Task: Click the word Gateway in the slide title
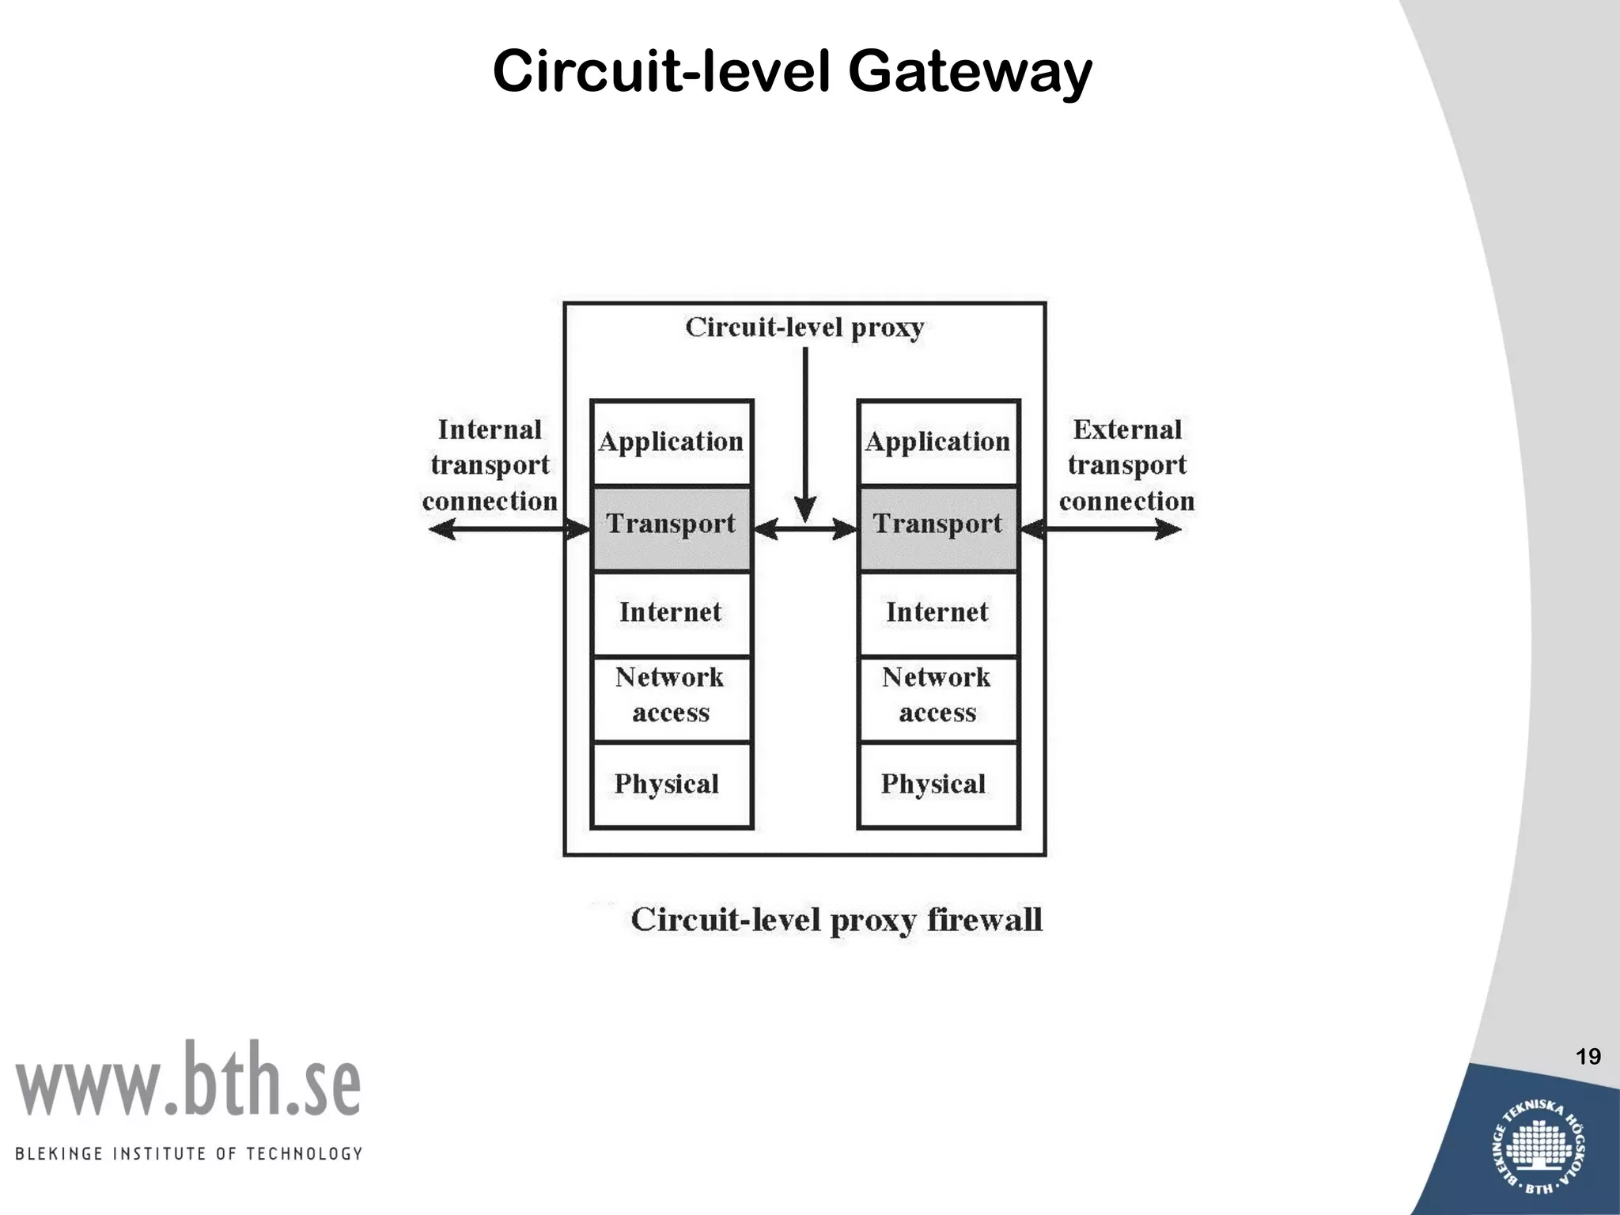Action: click(970, 73)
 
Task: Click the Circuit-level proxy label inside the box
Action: click(804, 327)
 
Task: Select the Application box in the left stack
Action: click(672, 441)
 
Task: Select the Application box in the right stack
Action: click(938, 441)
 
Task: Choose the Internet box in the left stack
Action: click(672, 612)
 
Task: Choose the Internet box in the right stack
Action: click(938, 612)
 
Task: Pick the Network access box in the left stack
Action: click(672, 696)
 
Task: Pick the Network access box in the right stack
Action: click(938, 696)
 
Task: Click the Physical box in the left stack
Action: click(672, 784)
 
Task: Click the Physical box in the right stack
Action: click(938, 784)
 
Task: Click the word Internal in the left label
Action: click(490, 430)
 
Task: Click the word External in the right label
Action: click(1127, 430)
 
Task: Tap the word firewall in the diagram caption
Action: click(984, 920)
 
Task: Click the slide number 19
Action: click(1588, 1057)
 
